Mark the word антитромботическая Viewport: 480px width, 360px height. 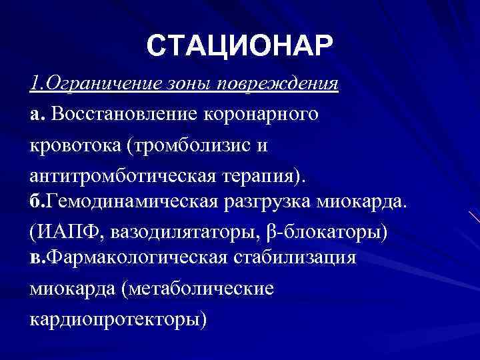tap(117, 175)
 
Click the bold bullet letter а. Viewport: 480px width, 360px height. tap(34, 115)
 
